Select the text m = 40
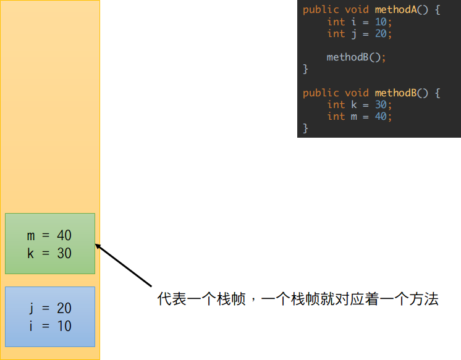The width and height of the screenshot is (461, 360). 49,235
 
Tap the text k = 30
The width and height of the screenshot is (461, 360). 49,253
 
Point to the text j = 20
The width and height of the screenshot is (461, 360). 49,308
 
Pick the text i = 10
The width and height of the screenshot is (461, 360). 49,326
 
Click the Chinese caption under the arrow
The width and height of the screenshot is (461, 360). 298,300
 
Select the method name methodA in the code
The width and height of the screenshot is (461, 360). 392,10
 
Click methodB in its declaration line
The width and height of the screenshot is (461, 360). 392,93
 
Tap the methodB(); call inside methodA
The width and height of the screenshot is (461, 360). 356,57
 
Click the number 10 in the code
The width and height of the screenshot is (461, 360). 381,22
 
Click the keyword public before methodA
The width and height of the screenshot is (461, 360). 321,10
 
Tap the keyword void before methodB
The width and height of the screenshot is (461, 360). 357,93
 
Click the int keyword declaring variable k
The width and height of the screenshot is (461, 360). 336,104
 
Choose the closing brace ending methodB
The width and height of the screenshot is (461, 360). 305,128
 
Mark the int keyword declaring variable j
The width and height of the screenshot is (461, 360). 336,33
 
